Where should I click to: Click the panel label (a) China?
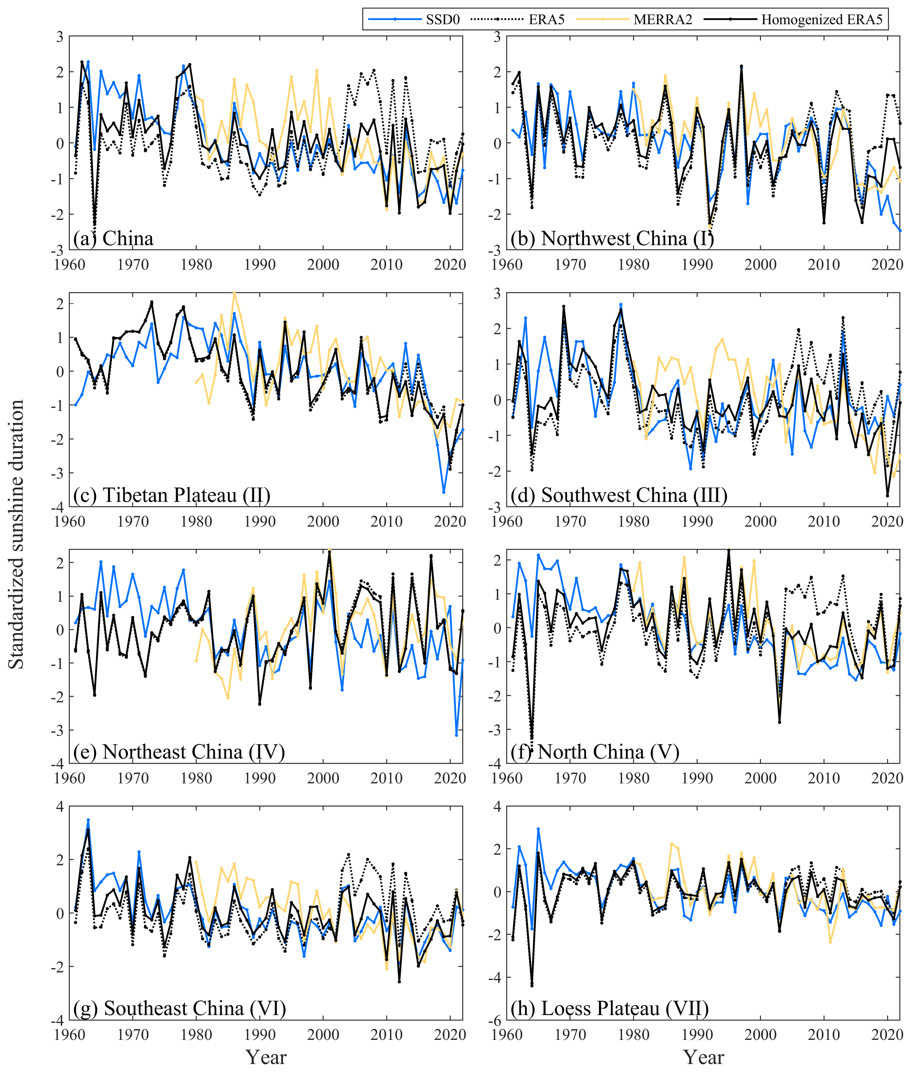pos(114,239)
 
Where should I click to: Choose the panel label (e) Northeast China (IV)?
pos(179,752)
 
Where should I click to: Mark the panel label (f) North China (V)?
pos(595,752)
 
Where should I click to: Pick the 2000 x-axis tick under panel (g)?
pos(323,1035)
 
